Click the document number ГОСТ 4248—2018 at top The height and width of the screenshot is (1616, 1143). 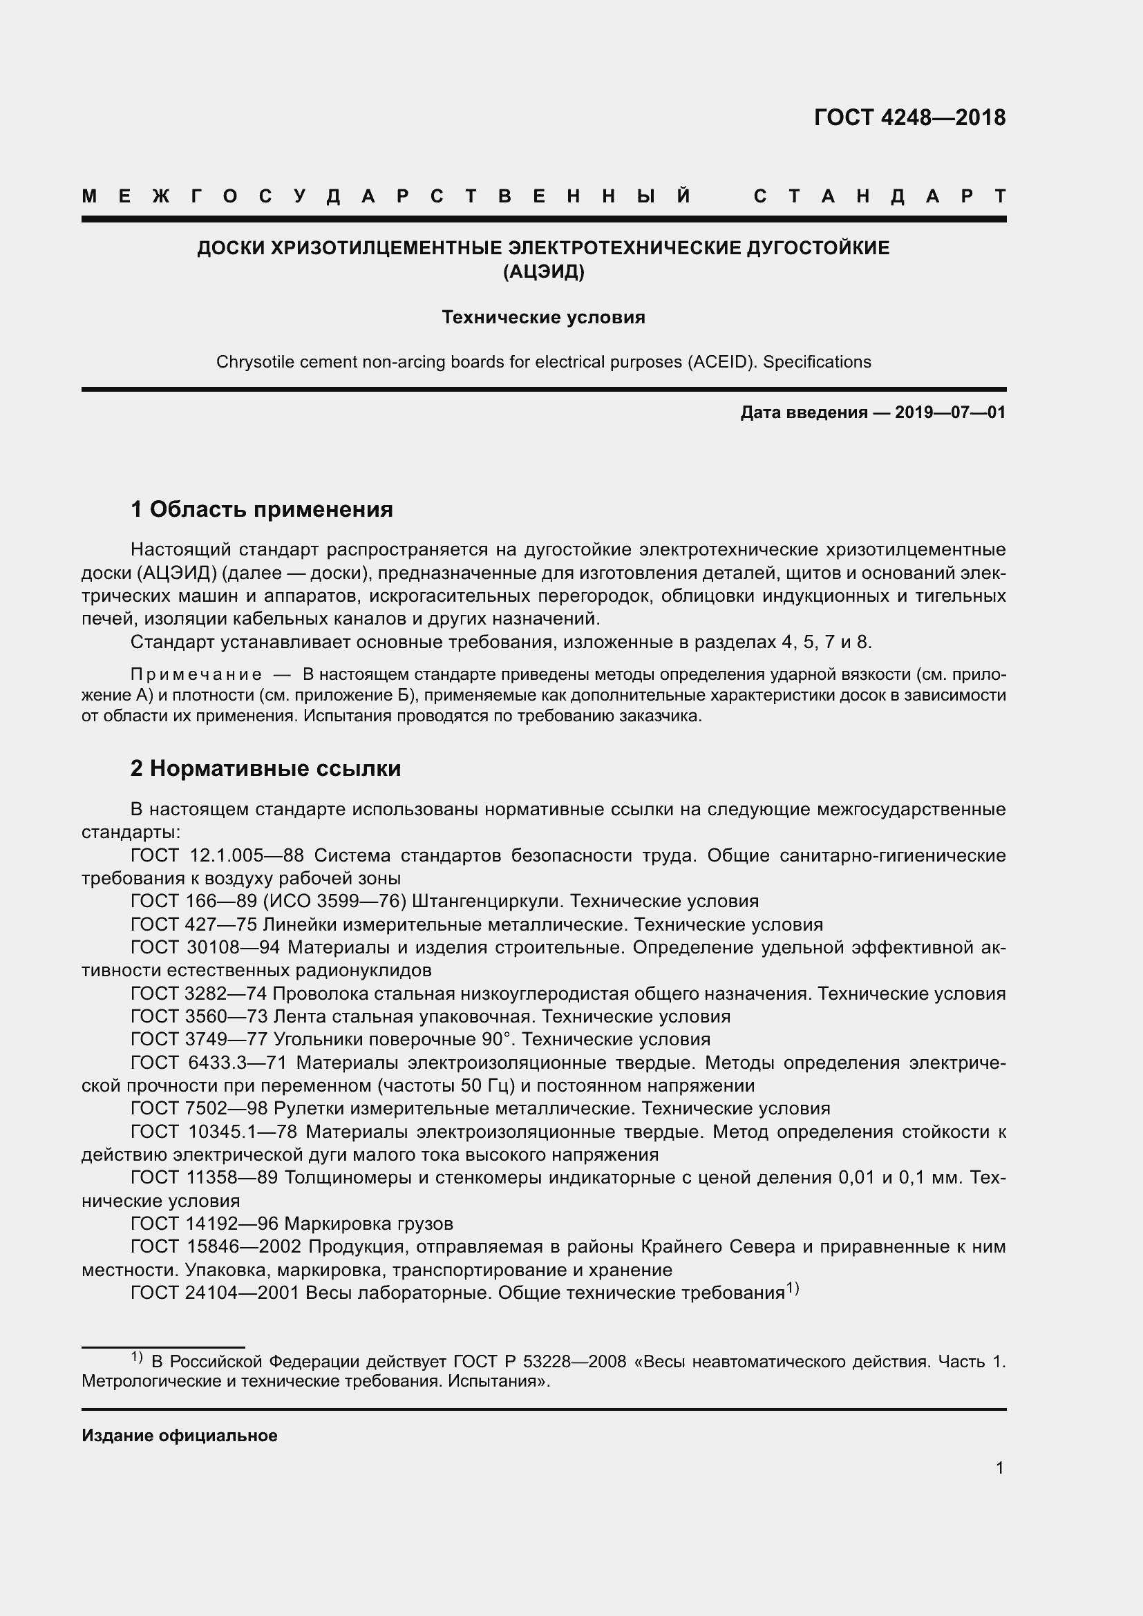(x=909, y=117)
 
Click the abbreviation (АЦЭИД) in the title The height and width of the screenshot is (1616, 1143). (x=543, y=272)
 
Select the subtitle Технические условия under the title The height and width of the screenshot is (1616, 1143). (x=543, y=317)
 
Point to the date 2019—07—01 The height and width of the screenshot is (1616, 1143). (x=950, y=412)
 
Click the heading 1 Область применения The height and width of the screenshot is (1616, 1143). (x=262, y=509)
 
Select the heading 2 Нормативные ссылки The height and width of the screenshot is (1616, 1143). (x=266, y=768)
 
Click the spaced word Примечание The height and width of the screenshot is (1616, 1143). (x=196, y=674)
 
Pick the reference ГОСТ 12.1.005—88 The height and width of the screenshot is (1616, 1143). (x=217, y=855)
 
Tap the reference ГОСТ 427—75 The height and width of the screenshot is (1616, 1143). (x=193, y=924)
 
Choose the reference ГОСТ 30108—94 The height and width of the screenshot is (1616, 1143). (x=205, y=947)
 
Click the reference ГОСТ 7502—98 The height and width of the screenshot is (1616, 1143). (x=199, y=1108)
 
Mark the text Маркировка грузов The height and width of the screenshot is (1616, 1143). (x=369, y=1224)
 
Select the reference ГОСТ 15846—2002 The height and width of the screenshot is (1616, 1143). (x=216, y=1246)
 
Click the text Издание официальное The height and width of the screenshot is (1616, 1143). (x=180, y=1435)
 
